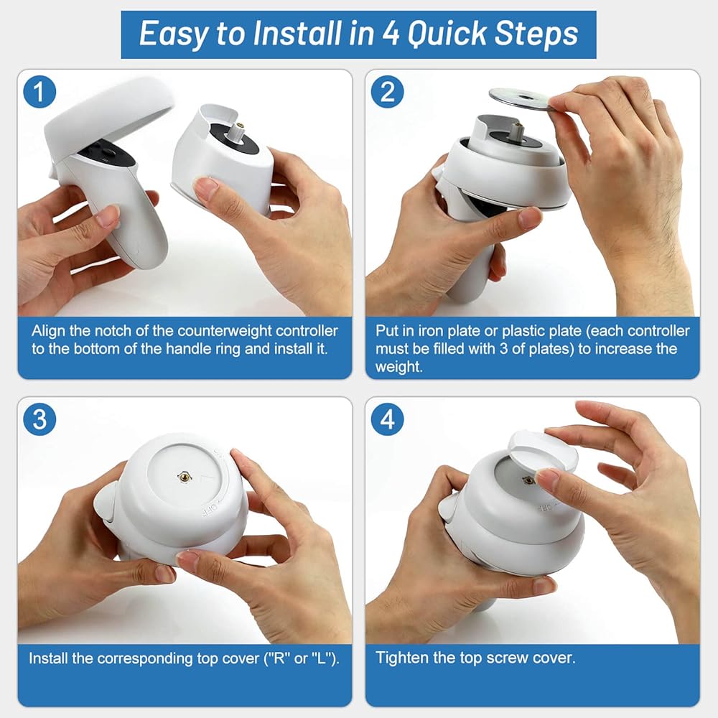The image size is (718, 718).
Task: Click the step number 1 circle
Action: [39, 92]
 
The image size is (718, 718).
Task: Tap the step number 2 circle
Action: [388, 92]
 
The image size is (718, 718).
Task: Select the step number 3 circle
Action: [39, 419]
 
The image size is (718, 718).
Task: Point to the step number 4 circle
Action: [388, 419]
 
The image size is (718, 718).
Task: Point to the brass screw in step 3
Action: [185, 477]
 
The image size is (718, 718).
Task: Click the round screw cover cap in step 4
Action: [543, 451]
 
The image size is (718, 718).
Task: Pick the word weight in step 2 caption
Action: [398, 367]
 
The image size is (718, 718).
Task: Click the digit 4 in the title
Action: [390, 34]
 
